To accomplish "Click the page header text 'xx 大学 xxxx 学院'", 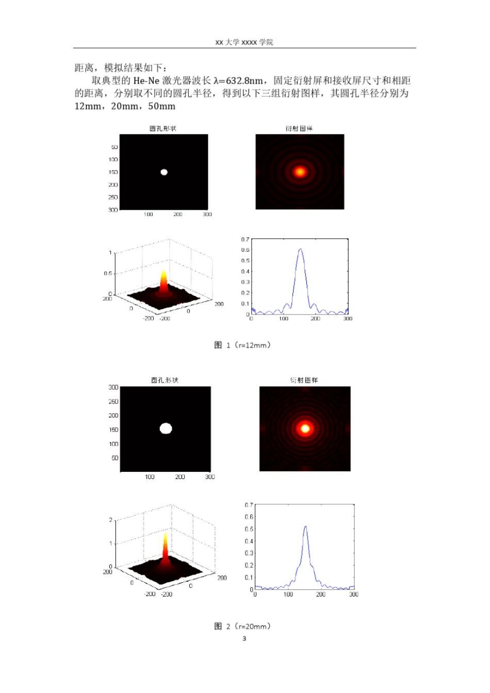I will click(x=244, y=42).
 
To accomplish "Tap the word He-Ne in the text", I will click(x=146, y=80).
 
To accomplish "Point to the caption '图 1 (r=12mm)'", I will click(x=242, y=345).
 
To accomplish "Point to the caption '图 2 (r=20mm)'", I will click(x=242, y=626).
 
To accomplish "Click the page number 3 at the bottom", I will click(x=244, y=638).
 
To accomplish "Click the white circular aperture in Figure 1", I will click(x=164, y=172).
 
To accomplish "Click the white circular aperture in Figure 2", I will click(x=166, y=428).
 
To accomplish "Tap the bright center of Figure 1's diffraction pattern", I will click(x=300, y=172).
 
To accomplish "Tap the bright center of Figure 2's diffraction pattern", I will click(x=305, y=428).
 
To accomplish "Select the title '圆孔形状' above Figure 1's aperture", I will click(x=163, y=128).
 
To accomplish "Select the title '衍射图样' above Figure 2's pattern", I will click(x=304, y=380).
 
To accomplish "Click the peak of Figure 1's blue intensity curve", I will click(x=300, y=250).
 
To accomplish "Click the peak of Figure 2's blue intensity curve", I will click(x=305, y=526).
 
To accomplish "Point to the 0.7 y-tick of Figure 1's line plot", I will click(x=245, y=239).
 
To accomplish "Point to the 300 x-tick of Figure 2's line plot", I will click(x=353, y=594).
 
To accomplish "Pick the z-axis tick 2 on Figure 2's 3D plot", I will click(x=110, y=520).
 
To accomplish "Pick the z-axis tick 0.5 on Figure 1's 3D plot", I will click(x=108, y=273).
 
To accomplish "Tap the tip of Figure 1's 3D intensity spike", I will click(x=164, y=270).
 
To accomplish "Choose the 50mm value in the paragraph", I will click(x=162, y=106).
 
